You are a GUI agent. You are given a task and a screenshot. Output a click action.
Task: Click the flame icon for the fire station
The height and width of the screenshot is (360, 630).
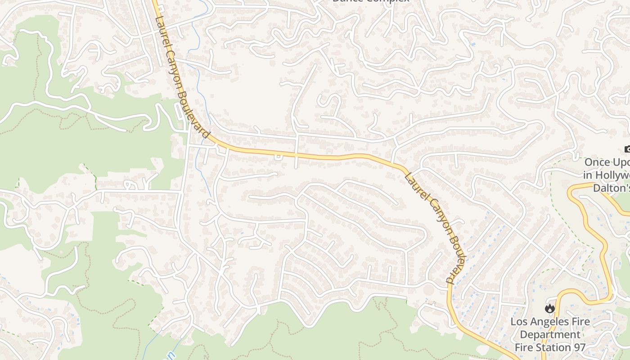tap(549, 309)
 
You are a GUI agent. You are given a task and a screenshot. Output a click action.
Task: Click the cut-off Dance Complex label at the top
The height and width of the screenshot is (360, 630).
tap(371, 1)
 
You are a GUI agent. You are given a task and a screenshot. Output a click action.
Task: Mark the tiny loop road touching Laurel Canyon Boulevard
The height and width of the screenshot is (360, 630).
tap(278, 157)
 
